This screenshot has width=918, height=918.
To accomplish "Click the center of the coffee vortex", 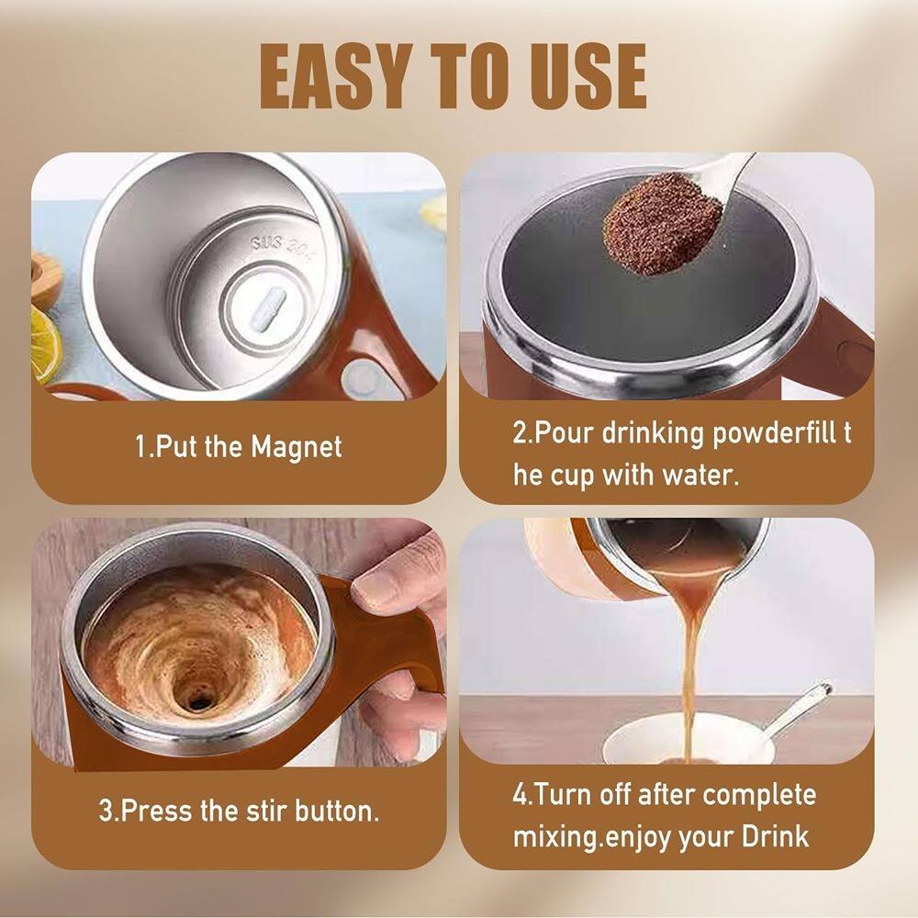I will tap(196, 700).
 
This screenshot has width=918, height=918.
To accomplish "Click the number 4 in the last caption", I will tap(520, 794).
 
